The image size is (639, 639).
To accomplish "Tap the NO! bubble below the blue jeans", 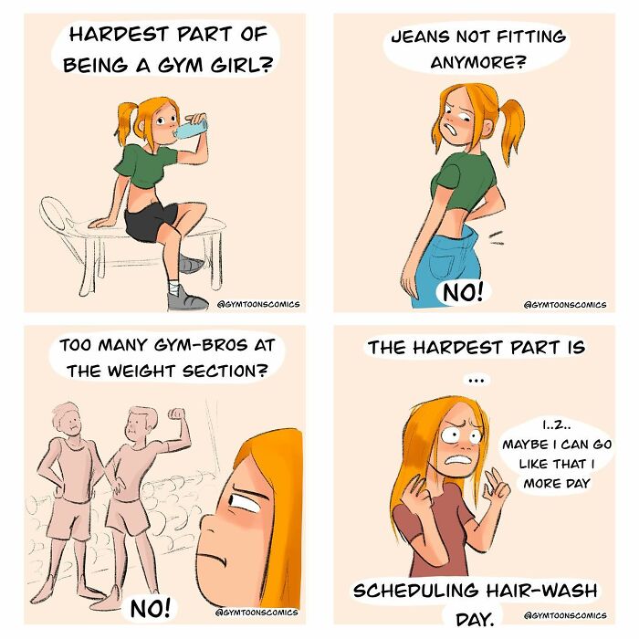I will click(466, 293).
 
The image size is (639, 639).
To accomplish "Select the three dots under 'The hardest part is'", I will click(473, 378).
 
